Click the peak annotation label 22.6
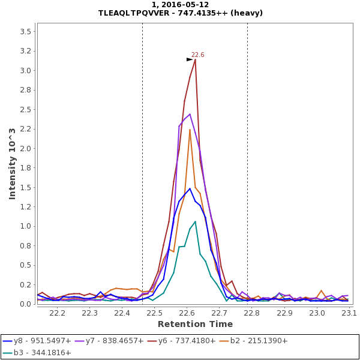pos(197,55)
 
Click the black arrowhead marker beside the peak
pos(190,59)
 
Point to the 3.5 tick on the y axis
pos(26,31)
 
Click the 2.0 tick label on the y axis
pos(26,148)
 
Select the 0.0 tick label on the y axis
pos(26,304)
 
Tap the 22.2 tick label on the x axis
pos(57,313)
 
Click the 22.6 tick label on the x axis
pos(187,313)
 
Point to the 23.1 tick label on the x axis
pos(349,313)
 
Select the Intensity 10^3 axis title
pos(12,163)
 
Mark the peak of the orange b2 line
pos(190,130)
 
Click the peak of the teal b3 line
pos(195,221)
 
